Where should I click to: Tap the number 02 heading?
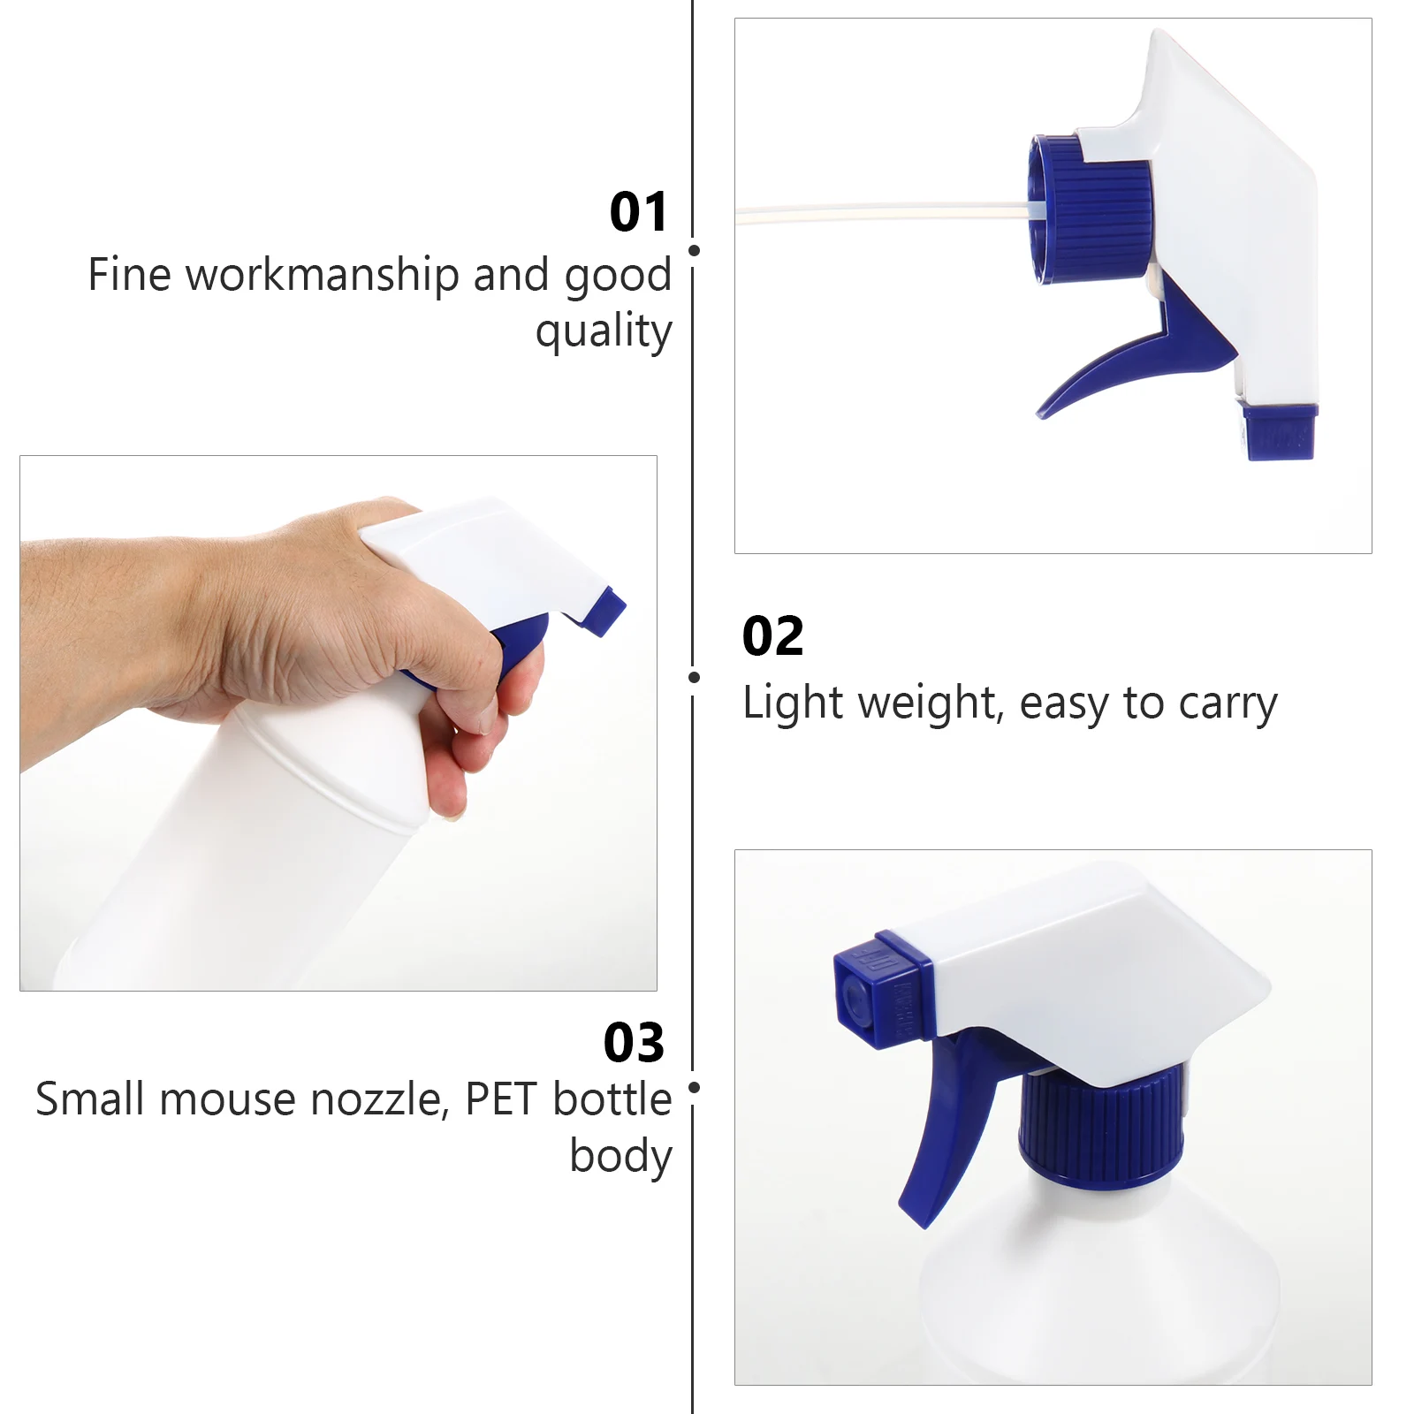click(x=772, y=636)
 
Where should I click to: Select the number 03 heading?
click(x=634, y=1043)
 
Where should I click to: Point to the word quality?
click(x=604, y=331)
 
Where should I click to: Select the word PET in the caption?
click(x=501, y=1099)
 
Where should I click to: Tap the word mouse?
click(x=227, y=1099)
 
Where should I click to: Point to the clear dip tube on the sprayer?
click(x=884, y=212)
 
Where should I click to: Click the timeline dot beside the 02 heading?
click(x=694, y=678)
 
